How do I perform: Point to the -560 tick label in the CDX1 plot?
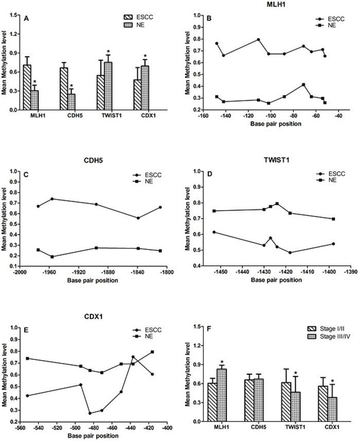pyautogui.click(x=21, y=426)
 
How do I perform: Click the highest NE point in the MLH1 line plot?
pyautogui.click(x=303, y=84)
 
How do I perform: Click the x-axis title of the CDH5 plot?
pyautogui.click(x=93, y=280)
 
